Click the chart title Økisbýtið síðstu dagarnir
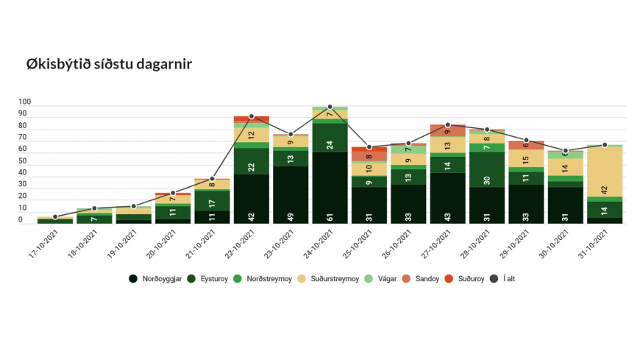109,64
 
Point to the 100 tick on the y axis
25,102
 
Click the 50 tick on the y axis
25,161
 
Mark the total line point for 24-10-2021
330,107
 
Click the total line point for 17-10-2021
55,217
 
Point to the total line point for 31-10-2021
605,145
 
